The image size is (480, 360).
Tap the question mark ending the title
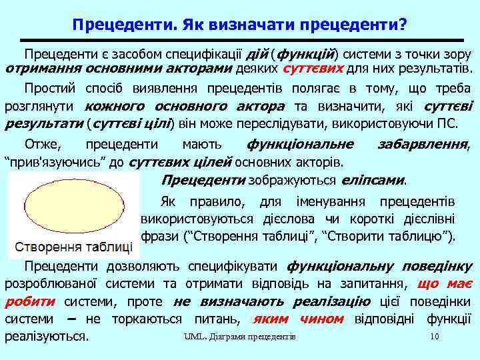click(401, 25)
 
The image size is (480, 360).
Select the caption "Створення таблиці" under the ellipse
click(73, 247)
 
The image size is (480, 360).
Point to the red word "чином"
click(323, 319)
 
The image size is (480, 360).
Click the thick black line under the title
click(240, 41)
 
